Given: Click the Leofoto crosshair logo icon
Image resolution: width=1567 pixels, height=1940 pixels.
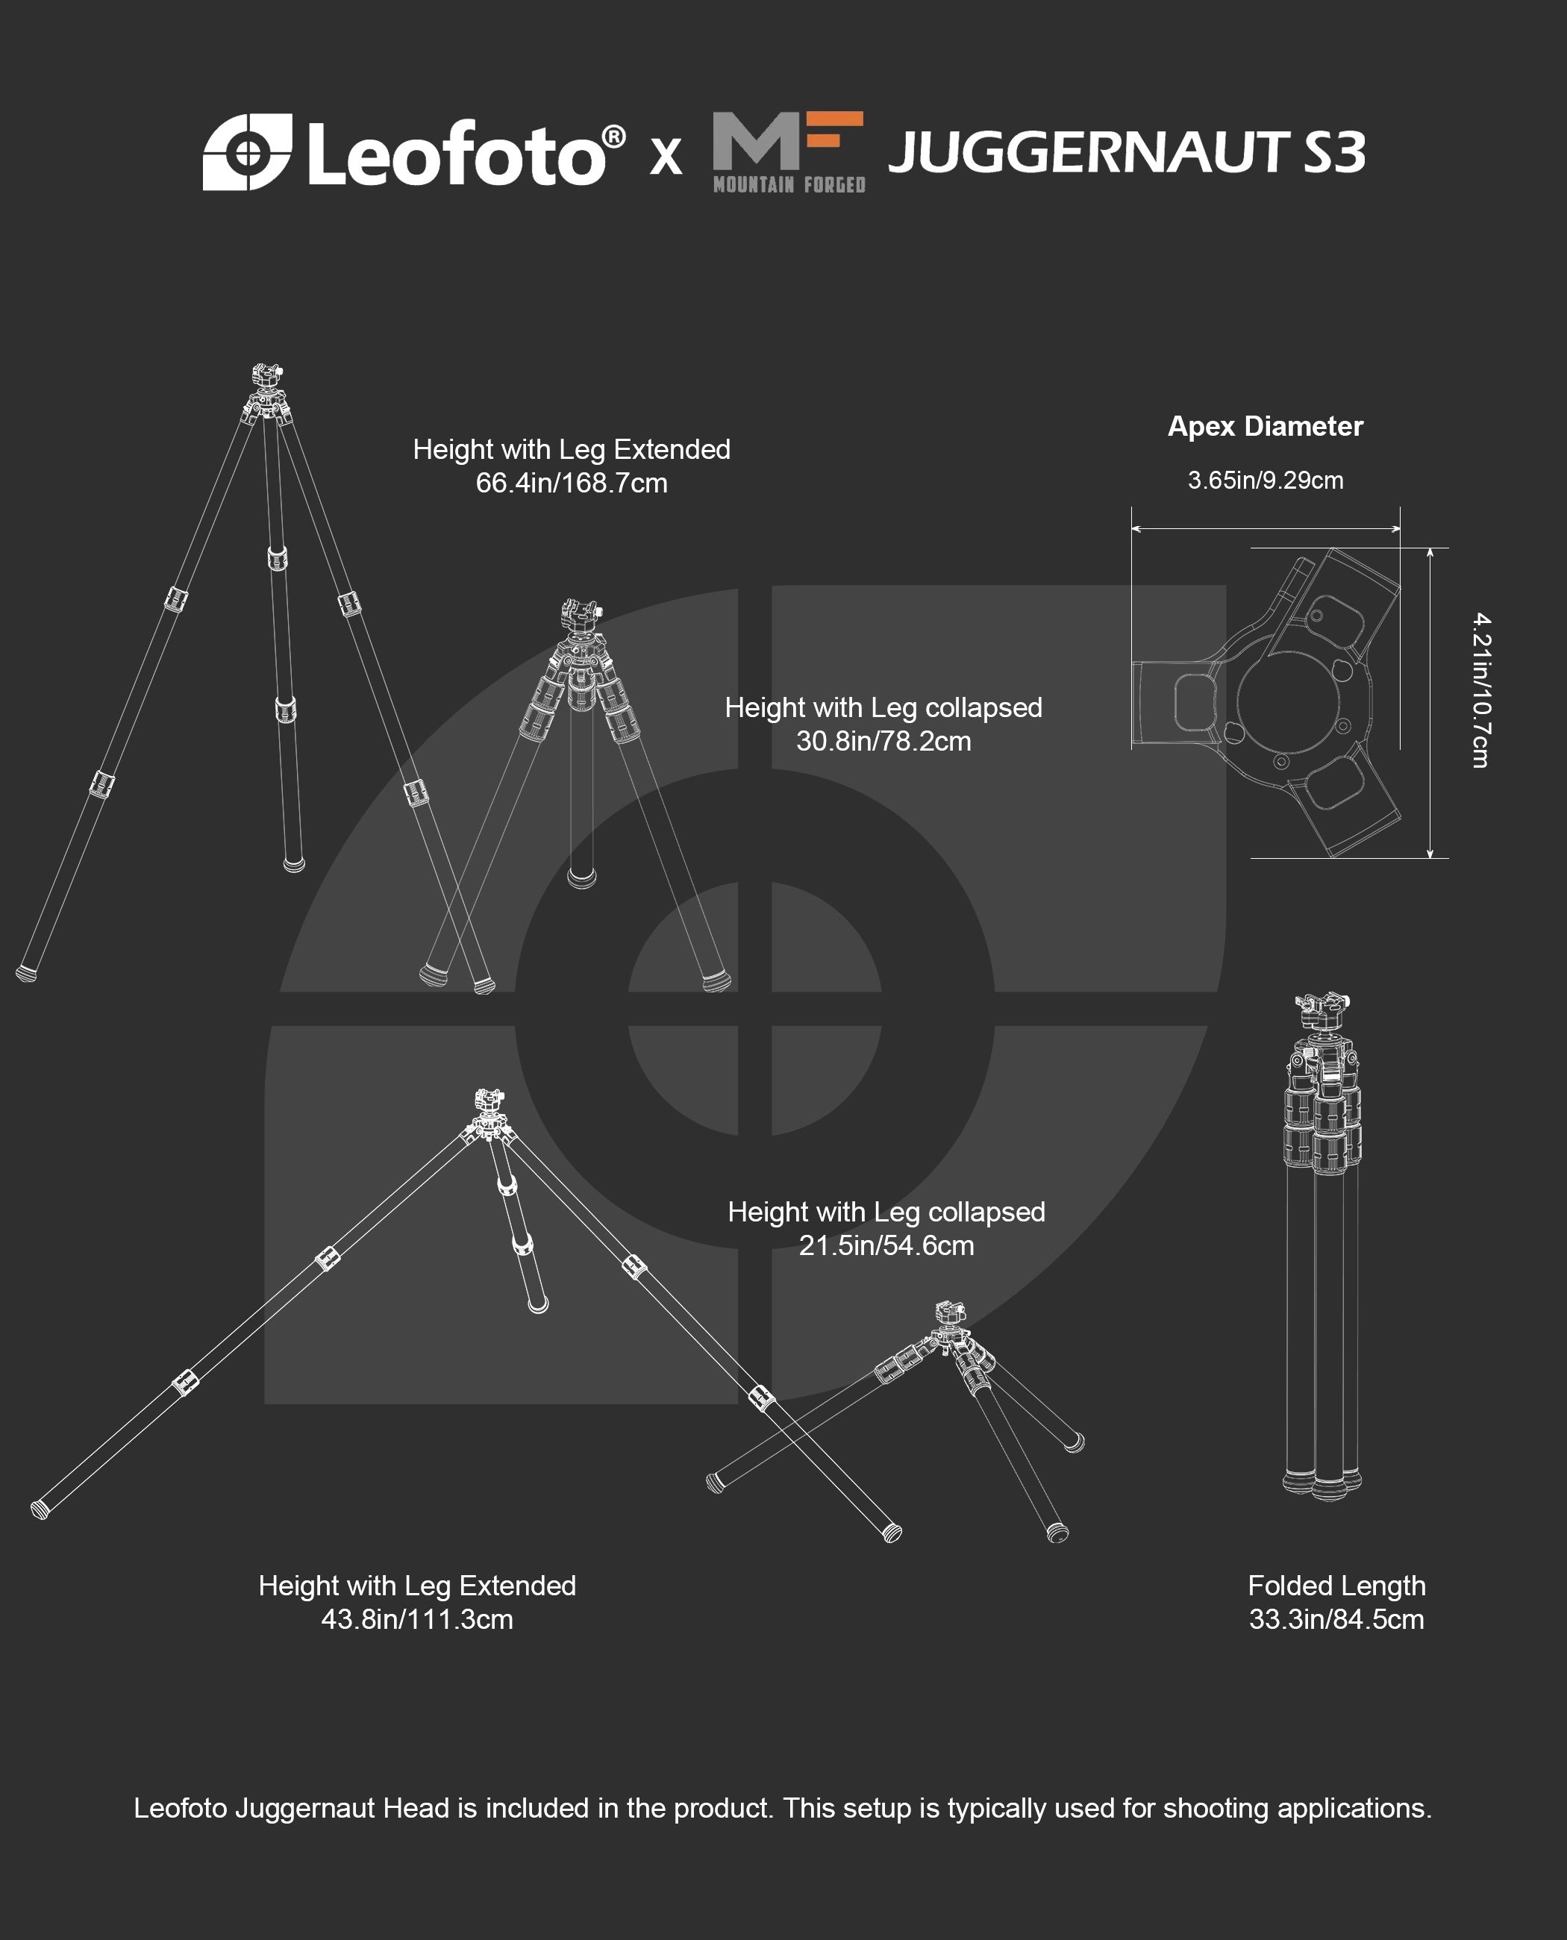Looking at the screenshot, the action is point(247,152).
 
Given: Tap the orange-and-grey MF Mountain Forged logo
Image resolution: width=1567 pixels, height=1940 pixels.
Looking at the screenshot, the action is point(789,152).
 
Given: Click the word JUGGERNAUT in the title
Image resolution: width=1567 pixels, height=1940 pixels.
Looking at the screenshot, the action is point(1089,151).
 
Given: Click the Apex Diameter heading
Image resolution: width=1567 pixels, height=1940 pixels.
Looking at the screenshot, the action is point(1265,426).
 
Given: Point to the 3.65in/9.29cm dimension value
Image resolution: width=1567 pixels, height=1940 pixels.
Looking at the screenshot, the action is point(1265,481).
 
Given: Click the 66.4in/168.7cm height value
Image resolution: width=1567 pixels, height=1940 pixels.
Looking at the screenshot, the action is point(572,483).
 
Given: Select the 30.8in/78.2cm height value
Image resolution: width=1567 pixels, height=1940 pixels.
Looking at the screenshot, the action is point(883,741).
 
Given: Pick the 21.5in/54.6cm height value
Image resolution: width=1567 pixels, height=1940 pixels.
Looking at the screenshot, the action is point(886,1246).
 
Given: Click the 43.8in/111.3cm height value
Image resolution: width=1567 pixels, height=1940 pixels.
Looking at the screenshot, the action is point(417,1619).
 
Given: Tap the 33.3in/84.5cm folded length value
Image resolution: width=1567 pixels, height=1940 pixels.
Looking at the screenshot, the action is point(1336,1619).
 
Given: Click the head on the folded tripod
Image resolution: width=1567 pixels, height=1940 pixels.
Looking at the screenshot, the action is point(1322,1015).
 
